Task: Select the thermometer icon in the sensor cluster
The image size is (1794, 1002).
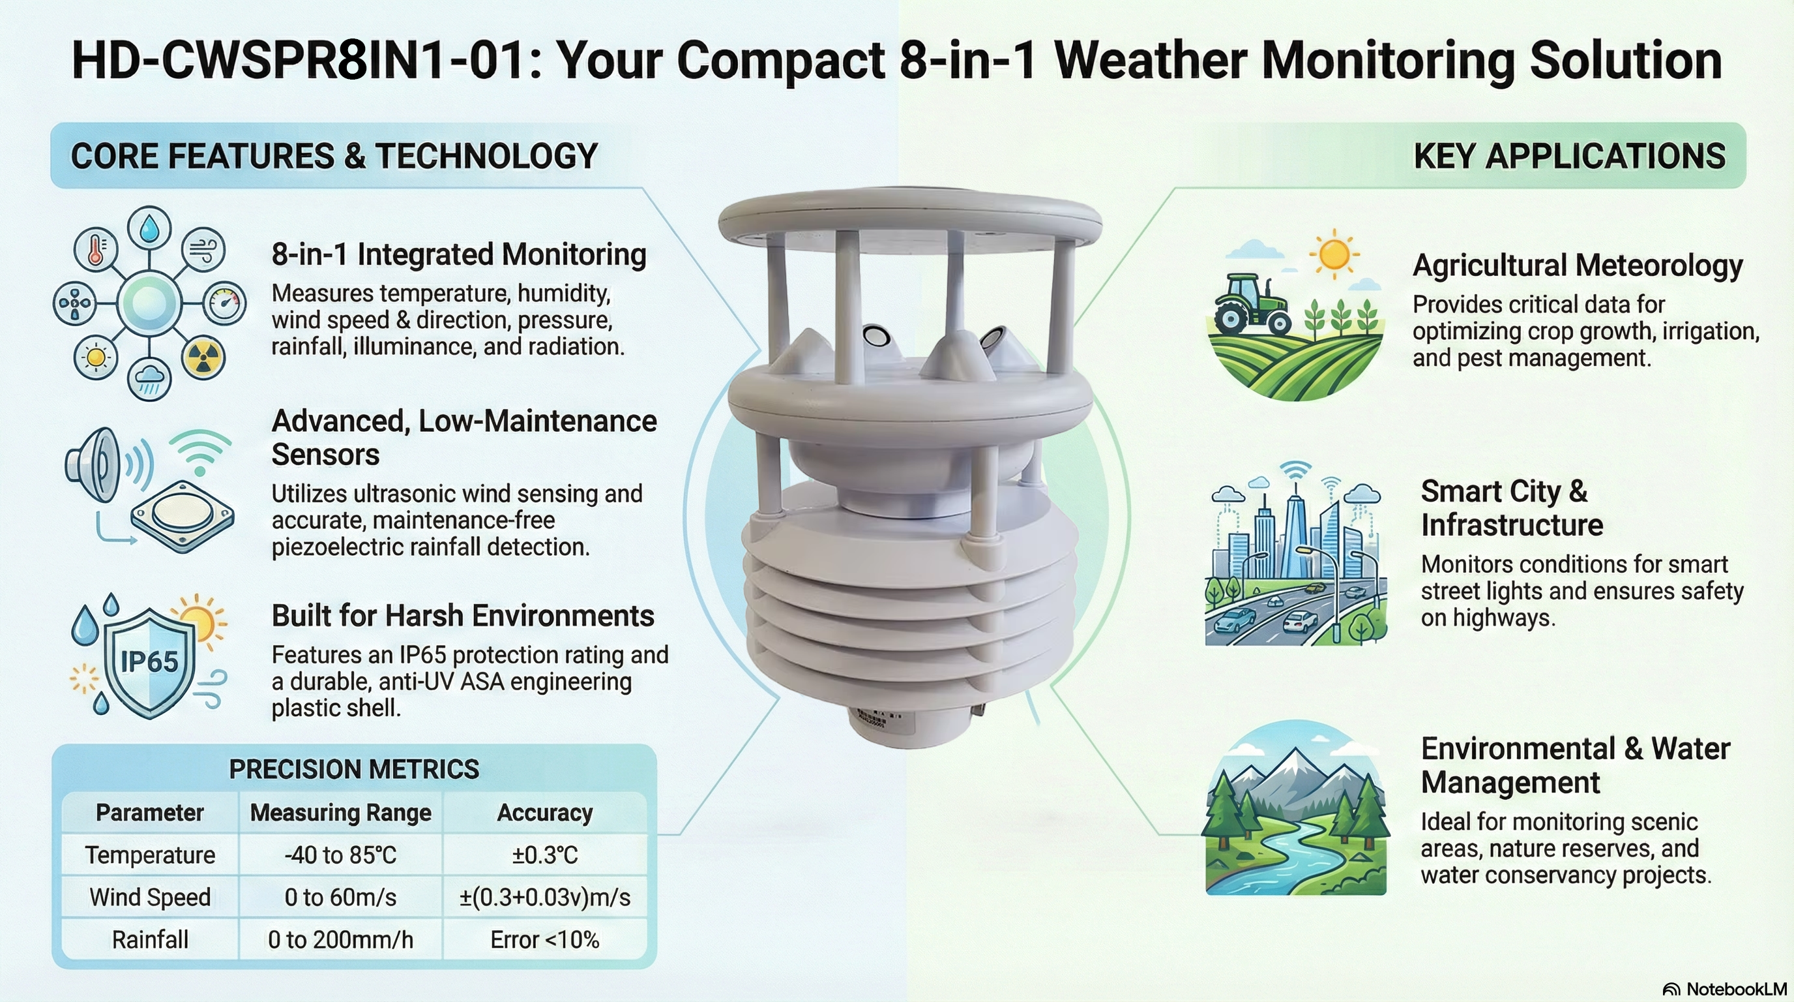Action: click(96, 249)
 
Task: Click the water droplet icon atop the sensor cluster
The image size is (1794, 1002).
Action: click(149, 227)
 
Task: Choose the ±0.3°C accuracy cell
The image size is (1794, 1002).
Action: click(544, 855)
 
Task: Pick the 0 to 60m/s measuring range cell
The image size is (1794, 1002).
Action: click(340, 898)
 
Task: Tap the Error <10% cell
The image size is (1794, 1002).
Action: click(544, 940)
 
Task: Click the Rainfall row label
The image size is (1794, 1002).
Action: click(150, 940)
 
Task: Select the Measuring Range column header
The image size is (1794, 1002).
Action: click(340, 812)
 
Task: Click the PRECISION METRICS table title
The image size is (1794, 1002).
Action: click(354, 769)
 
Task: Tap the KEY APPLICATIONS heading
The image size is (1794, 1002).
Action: click(1569, 155)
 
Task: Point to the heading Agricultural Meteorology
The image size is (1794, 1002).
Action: click(1578, 266)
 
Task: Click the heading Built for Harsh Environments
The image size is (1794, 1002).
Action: click(462, 616)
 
